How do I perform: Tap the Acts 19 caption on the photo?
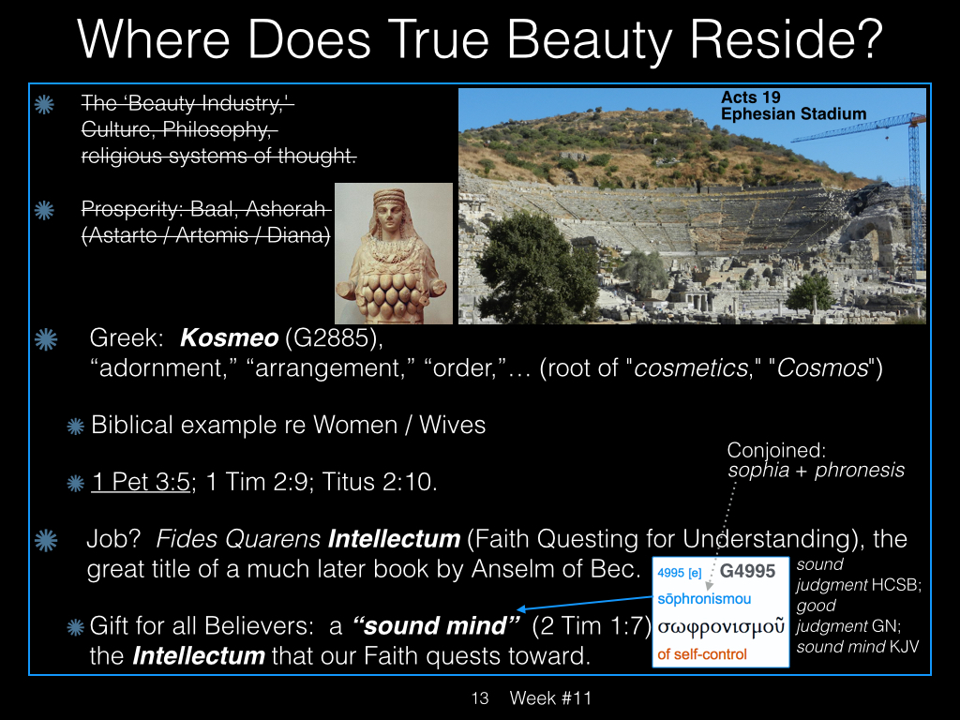[x=751, y=97]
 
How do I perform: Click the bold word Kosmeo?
[x=229, y=337]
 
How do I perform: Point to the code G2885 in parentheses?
[x=331, y=337]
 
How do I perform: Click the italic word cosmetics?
[x=691, y=367]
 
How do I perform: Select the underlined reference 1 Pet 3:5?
[x=141, y=482]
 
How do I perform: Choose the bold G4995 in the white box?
[x=747, y=571]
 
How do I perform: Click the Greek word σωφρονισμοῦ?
[x=721, y=626]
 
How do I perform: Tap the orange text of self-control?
[x=702, y=654]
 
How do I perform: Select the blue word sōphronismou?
[x=704, y=599]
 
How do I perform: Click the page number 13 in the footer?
[x=480, y=697]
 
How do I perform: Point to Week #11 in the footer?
[x=550, y=697]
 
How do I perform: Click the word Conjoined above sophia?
[x=776, y=451]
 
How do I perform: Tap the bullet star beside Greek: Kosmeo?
[x=46, y=339]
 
